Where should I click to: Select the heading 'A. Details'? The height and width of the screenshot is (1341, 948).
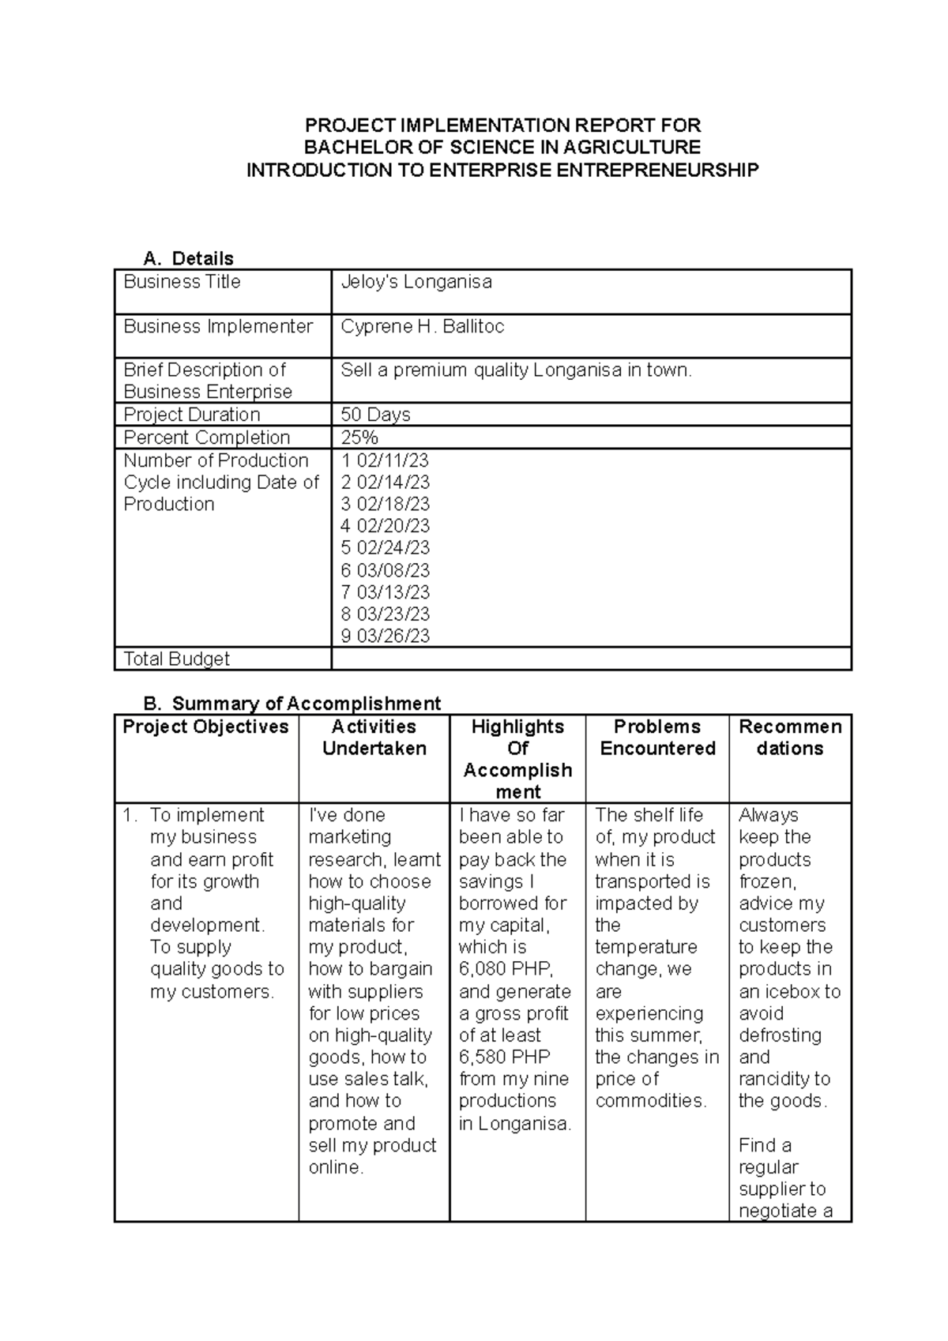coord(188,258)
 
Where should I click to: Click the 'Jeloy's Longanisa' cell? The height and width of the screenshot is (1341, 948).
coord(416,282)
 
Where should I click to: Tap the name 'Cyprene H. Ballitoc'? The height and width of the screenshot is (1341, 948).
coord(422,327)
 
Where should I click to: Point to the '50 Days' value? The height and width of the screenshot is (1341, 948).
coord(375,415)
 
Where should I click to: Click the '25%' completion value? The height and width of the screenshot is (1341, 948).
coord(359,438)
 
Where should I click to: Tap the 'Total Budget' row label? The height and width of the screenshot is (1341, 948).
coord(176,659)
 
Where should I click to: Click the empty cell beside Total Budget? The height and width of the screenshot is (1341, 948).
coord(590,659)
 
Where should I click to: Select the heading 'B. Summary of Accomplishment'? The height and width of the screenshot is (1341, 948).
coord(292,704)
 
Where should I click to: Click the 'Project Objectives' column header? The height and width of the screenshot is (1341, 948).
coord(205,727)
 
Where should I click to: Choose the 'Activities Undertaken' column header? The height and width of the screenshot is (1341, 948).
coord(374,738)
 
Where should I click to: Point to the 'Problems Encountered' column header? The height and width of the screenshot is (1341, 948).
coord(657,738)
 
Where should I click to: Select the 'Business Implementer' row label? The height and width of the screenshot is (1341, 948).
coord(218,327)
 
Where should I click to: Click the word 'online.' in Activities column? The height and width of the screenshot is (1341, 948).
coord(336,1167)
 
